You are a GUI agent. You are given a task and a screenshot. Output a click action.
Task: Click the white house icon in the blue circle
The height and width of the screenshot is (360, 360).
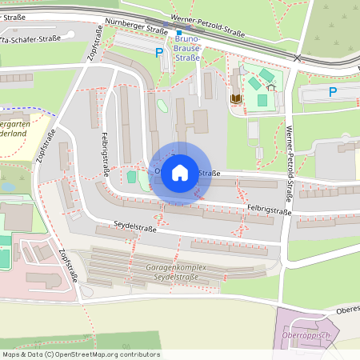(x=180, y=173)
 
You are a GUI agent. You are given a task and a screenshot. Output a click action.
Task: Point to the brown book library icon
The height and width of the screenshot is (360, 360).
(x=236, y=98)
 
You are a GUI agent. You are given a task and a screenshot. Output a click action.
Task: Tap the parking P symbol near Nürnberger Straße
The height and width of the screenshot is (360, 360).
(x=158, y=52)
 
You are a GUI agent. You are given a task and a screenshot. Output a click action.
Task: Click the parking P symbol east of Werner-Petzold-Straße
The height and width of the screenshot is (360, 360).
(x=333, y=92)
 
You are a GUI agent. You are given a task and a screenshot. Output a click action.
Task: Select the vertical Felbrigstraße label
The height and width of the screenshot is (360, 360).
(x=105, y=154)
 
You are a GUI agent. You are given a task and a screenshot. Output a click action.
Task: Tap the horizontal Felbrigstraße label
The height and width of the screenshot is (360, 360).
(x=269, y=210)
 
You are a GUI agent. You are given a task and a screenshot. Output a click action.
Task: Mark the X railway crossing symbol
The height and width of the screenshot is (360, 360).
(x=298, y=58)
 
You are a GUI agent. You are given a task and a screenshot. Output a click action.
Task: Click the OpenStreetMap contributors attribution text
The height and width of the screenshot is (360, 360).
(x=72, y=354)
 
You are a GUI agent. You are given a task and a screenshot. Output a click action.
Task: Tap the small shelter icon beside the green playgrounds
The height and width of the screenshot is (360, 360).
(x=271, y=86)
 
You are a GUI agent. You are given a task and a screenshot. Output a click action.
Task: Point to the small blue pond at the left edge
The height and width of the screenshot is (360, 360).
(x=7, y=187)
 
